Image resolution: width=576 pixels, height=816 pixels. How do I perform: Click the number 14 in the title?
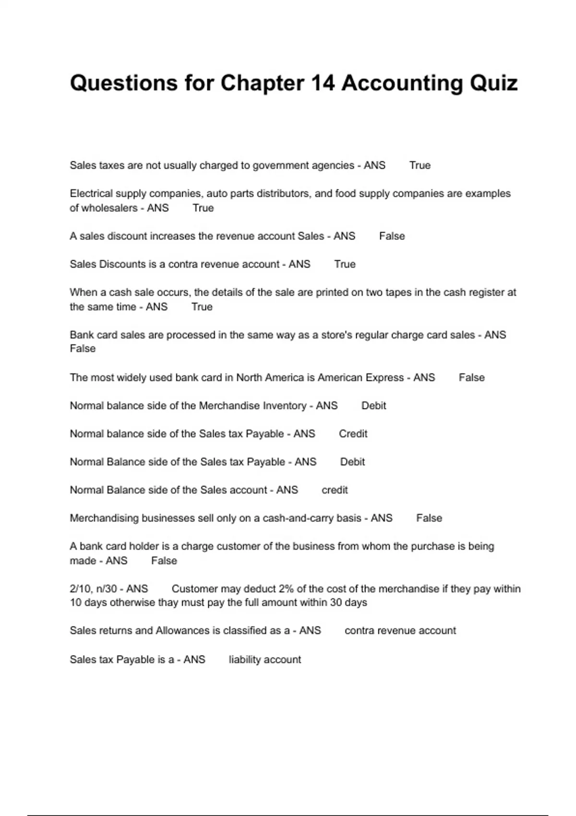pos(323,83)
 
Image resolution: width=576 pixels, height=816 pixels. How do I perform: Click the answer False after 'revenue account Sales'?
pos(392,236)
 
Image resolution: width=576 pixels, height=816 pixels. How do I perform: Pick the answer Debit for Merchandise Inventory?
pos(373,406)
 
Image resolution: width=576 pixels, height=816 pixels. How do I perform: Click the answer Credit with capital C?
pos(353,434)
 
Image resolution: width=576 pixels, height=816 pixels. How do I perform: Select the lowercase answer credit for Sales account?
pos(335,490)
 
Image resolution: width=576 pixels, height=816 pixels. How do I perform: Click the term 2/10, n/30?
pos(95,589)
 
